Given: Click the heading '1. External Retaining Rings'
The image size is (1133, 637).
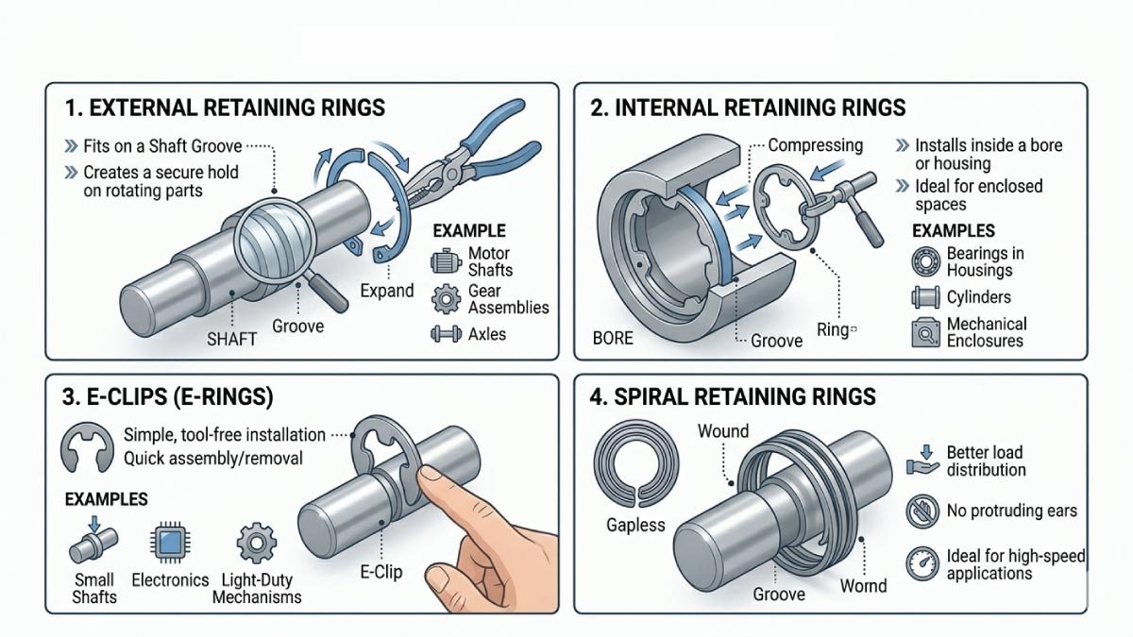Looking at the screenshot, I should [x=225, y=108].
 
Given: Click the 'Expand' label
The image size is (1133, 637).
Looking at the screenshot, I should [x=387, y=290].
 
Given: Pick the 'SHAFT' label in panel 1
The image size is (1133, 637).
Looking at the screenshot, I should [x=231, y=338].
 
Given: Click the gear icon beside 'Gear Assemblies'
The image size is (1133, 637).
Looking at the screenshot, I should [x=444, y=299].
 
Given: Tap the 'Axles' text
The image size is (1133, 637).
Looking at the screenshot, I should [x=487, y=333].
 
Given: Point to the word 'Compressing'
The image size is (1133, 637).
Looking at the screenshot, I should [x=815, y=145].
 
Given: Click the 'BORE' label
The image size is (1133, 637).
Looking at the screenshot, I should [x=613, y=337].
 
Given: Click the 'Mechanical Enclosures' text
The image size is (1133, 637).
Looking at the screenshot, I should [x=986, y=332].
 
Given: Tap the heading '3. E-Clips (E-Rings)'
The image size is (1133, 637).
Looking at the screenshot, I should [x=168, y=397].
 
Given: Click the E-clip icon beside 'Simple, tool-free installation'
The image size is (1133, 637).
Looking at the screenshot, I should [x=87, y=447].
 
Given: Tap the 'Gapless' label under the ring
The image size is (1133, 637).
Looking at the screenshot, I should [x=635, y=525].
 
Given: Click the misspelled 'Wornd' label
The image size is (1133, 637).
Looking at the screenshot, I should [x=863, y=586].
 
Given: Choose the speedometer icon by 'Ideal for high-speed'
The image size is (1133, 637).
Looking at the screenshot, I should [x=922, y=564].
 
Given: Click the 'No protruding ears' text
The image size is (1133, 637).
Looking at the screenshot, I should [x=1011, y=511].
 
